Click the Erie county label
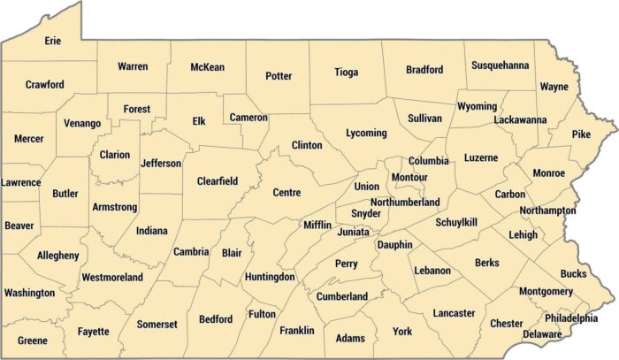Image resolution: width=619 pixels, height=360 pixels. (x=52, y=40)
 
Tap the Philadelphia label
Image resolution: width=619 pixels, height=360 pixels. (x=571, y=318)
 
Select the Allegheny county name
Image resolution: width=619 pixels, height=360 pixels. (x=57, y=256)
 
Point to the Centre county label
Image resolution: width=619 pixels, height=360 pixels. (x=287, y=192)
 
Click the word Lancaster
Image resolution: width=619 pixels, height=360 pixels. (x=454, y=313)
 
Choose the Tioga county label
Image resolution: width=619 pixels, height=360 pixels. (x=347, y=73)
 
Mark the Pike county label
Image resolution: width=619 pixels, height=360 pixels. (x=580, y=134)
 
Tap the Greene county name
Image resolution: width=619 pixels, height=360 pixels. (x=32, y=340)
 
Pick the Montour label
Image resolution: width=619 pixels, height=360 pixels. (x=409, y=178)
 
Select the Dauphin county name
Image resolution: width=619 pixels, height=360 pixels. (x=394, y=244)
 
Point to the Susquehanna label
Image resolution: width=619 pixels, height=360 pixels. (x=501, y=65)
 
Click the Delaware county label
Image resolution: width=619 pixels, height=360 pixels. (x=542, y=334)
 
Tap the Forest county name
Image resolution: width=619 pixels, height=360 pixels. (x=136, y=109)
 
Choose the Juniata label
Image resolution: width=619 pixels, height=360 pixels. (x=355, y=232)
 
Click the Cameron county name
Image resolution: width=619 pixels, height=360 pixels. (x=248, y=117)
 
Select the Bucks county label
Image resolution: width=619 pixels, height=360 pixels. (x=573, y=274)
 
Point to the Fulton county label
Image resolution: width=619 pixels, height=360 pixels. (x=262, y=313)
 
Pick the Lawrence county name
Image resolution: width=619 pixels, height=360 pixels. (x=20, y=182)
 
